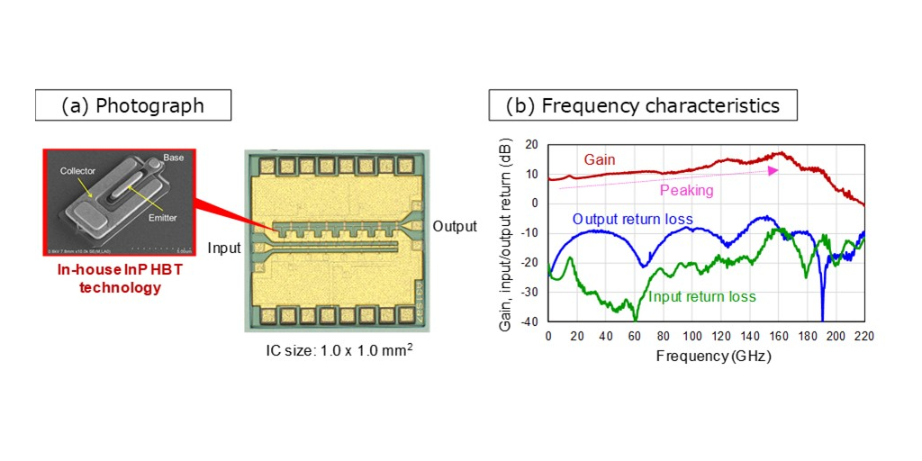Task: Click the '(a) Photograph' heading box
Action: click(x=133, y=105)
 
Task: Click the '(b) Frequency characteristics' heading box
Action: click(x=642, y=105)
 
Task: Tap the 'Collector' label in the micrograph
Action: click(x=77, y=171)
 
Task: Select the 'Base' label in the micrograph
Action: click(x=173, y=157)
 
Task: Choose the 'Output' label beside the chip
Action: click(x=454, y=226)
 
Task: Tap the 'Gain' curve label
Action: click(x=601, y=158)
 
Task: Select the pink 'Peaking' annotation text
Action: click(x=686, y=191)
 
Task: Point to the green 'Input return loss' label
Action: click(x=701, y=296)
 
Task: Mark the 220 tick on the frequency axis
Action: click(x=864, y=335)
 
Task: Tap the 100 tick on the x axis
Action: click(x=691, y=335)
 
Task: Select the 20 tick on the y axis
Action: click(x=532, y=144)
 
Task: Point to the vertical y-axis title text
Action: click(x=506, y=234)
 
